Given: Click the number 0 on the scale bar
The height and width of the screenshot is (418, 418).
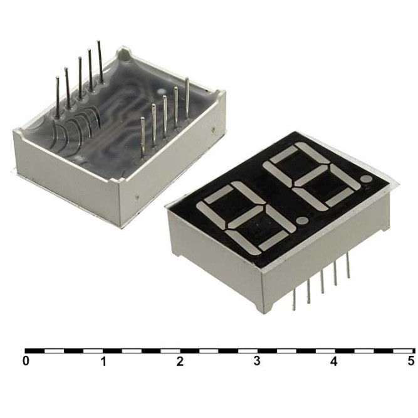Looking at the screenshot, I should [x=26, y=362].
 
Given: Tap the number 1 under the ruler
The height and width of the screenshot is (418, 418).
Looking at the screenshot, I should [x=103, y=362].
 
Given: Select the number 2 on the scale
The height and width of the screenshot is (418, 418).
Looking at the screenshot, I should [x=180, y=362].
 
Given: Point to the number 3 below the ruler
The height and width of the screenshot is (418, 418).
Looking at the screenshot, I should [x=257, y=362].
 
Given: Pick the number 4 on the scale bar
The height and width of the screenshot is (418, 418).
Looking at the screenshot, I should [x=334, y=362].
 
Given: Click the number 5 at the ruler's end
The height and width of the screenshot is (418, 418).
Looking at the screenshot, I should [x=410, y=362].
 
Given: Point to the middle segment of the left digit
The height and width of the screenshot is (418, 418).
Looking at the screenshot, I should [x=248, y=217].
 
